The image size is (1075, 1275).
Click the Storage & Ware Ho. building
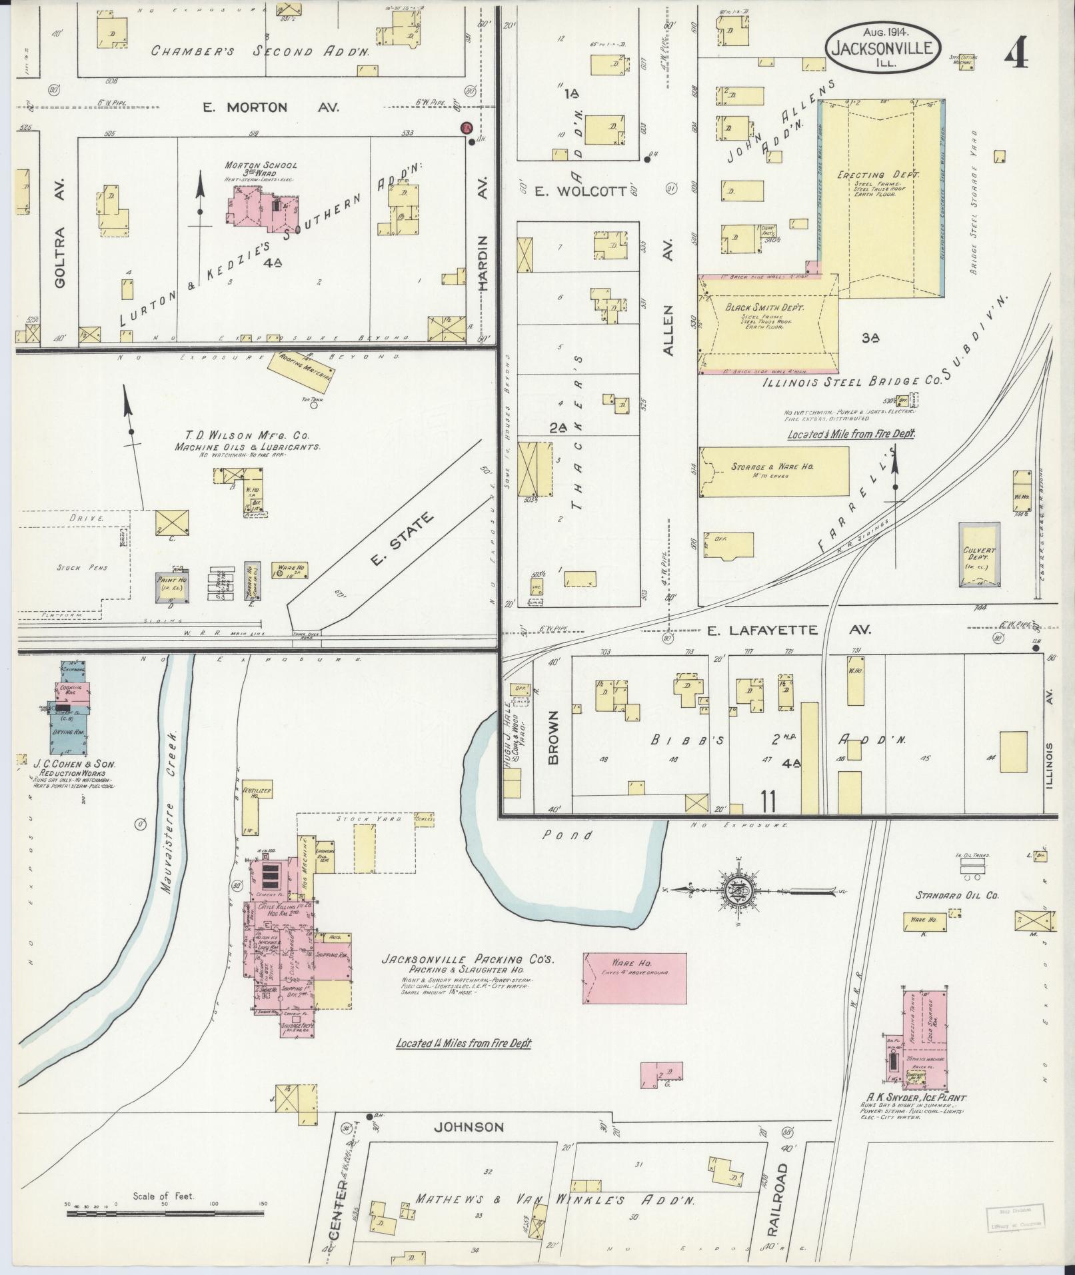click(774, 471)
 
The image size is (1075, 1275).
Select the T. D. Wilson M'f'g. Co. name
click(247, 434)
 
